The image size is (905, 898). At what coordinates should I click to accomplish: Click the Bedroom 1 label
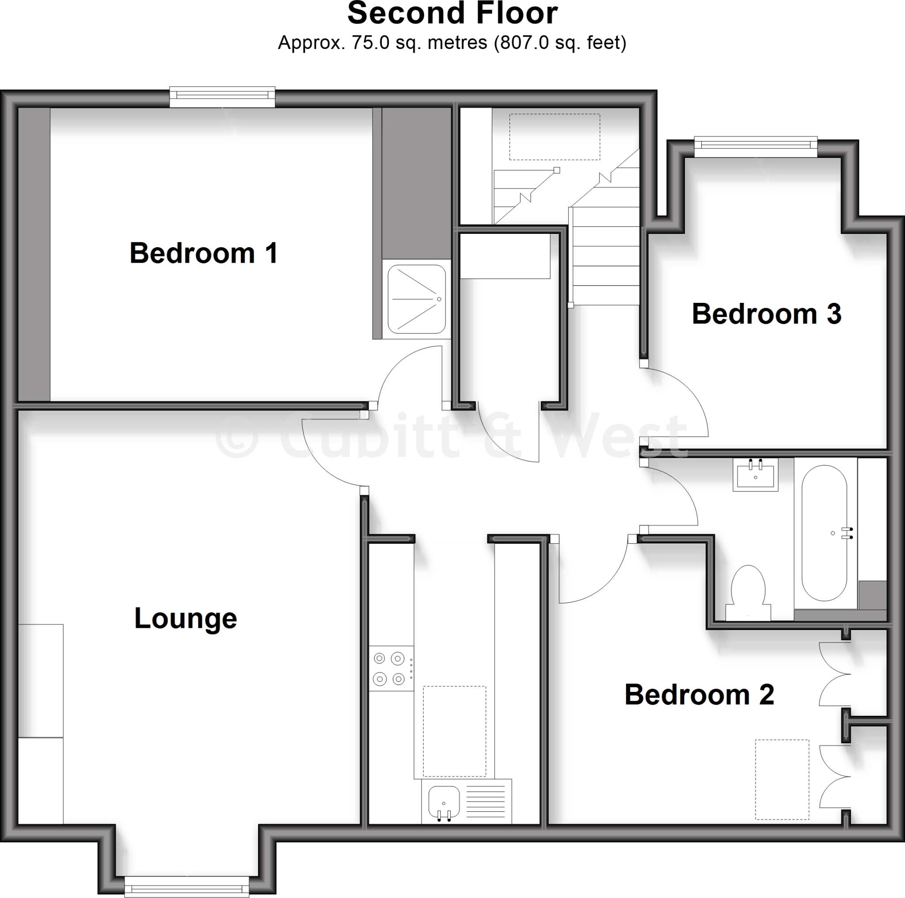(203, 253)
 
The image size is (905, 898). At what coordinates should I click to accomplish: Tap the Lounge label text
(186, 618)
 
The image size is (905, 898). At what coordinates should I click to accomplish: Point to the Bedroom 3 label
(766, 313)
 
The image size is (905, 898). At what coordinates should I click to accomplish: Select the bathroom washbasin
(755, 474)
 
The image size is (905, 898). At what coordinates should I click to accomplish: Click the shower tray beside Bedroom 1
(416, 299)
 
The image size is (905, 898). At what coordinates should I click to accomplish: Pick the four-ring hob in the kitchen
(391, 669)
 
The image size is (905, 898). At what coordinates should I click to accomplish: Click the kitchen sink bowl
(444, 802)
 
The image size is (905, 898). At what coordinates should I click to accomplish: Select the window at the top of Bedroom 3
(755, 147)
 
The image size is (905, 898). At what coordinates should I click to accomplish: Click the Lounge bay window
(186, 887)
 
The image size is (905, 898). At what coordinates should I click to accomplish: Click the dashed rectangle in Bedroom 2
(782, 780)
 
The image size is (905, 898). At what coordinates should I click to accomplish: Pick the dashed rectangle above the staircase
(554, 137)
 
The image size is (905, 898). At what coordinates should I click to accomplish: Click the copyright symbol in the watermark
(237, 437)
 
